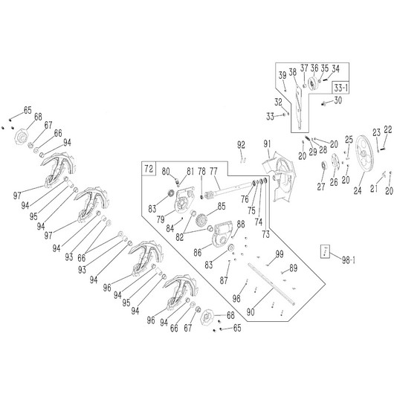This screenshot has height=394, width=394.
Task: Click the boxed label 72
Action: [149, 169]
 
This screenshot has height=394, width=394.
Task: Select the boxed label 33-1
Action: [340, 88]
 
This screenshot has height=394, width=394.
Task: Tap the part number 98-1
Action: [348, 260]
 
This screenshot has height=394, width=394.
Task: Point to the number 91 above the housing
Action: [267, 144]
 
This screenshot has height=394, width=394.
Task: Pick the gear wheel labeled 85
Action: [201, 219]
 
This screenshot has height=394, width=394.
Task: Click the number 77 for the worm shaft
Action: [213, 172]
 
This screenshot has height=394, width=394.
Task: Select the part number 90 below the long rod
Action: [251, 311]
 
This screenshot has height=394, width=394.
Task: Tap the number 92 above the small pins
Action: [241, 145]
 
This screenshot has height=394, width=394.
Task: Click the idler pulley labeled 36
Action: [313, 84]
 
